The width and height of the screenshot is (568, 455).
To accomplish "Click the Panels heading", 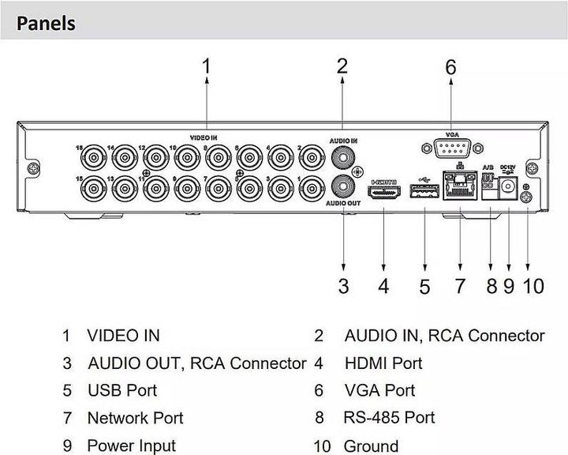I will tap(45, 23).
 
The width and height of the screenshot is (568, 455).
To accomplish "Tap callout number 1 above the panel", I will tap(207, 66).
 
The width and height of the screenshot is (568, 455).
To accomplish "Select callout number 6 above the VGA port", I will tap(450, 68).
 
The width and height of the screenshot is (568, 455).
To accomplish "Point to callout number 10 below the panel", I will tap(534, 285).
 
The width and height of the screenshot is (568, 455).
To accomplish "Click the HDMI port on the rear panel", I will tap(384, 193).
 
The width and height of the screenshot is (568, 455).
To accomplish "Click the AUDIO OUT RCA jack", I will tap(343, 187).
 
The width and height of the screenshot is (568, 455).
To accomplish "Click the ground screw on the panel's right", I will tap(527, 198).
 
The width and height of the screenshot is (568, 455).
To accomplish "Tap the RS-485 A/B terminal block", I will tap(488, 183).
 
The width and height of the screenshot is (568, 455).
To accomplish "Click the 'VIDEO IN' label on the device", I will tap(204, 136).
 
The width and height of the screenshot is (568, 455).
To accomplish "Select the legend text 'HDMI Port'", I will tap(383, 363).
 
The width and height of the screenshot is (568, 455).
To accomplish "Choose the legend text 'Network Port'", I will tap(135, 418).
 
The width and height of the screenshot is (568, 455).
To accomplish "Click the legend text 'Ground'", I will tap(371, 446).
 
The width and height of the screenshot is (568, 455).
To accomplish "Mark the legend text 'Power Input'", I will tap(131, 446).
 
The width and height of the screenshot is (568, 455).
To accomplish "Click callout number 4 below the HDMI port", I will tap(383, 285).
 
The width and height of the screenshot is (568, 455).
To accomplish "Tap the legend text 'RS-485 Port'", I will tap(389, 417).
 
